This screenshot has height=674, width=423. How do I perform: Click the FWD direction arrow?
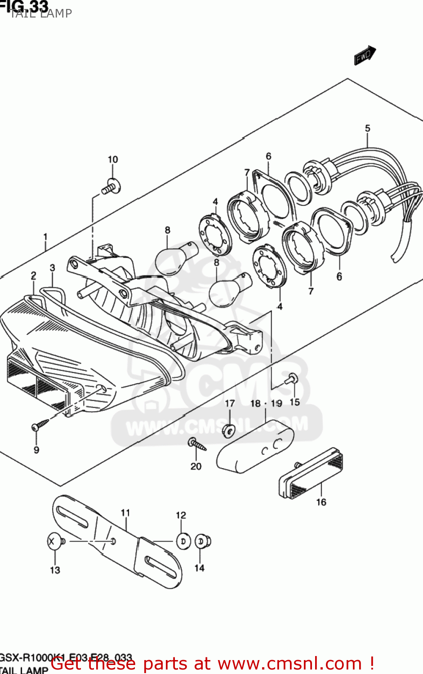365,55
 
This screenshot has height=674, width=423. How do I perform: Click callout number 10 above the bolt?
112,160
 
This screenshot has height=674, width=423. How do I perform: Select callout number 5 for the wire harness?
367,129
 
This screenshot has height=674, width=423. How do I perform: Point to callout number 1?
45,237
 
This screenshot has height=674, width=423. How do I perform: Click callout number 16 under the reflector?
321,502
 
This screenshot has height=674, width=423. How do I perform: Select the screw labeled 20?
197,444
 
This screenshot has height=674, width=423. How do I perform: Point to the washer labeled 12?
183,541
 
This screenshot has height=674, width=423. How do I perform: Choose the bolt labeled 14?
202,541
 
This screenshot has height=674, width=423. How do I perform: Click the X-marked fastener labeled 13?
54,541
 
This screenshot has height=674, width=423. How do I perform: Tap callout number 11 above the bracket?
125,513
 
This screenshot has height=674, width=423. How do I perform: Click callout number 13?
55,570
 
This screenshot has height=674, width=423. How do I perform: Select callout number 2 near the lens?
33,276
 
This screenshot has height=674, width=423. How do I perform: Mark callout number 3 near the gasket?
52,268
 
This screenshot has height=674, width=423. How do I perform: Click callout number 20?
196,466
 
